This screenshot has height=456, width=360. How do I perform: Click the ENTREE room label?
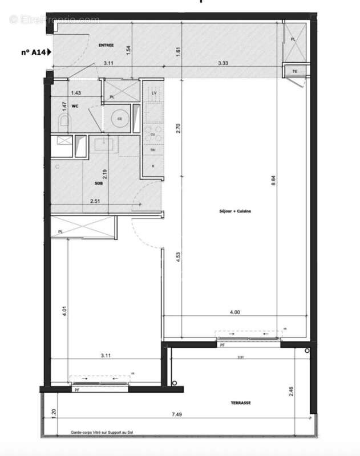pyautogui.click(x=106, y=45)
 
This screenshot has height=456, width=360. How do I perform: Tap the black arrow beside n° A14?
pyautogui.click(x=50, y=52)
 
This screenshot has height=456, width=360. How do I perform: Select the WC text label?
pyautogui.click(x=75, y=105)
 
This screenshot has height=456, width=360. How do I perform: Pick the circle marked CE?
pyautogui.click(x=120, y=119)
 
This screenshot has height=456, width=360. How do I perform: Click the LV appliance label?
pyautogui.click(x=153, y=93)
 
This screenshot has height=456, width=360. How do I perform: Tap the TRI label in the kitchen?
pyautogui.click(x=153, y=150)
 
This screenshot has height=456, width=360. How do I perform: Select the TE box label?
pyautogui.click(x=294, y=71)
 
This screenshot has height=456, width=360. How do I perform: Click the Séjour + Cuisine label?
pyautogui.click(x=234, y=211)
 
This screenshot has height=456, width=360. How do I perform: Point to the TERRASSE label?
pyautogui.click(x=240, y=402)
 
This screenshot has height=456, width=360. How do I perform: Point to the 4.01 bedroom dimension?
pyautogui.click(x=64, y=313)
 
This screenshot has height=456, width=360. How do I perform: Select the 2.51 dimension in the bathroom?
pyautogui.click(x=96, y=201)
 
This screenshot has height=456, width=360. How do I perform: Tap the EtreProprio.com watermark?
pyautogui.click(x=54, y=20)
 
